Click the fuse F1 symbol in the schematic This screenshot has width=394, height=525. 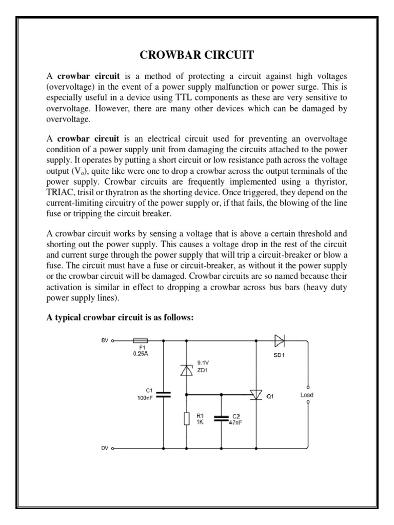tap(140, 339)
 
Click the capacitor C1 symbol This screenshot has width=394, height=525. tap(164, 394)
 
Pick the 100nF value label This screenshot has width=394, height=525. tap(145, 398)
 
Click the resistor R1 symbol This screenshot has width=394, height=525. tap(186, 419)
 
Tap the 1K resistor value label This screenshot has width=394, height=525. tap(200, 422)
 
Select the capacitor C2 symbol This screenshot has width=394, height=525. tap(221, 418)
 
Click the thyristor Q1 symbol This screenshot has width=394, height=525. tap(255, 394)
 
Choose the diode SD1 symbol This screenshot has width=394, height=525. tap(280, 339)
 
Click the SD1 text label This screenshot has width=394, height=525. tap(280, 354)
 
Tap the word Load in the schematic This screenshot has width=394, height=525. tap(307, 395)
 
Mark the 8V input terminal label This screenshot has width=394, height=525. tap(105, 339)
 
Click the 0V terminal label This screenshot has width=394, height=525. tap(105, 448)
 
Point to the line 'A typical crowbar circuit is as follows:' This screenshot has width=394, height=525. tap(121, 318)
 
